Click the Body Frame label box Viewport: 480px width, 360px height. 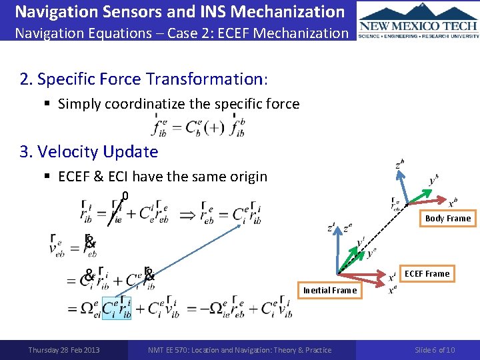(447, 218)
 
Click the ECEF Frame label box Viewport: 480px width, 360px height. (427, 273)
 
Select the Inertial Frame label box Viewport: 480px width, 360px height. (330, 290)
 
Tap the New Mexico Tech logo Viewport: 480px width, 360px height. (418, 27)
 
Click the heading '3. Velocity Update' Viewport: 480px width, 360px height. (89, 151)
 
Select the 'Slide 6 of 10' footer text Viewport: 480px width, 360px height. (435, 350)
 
